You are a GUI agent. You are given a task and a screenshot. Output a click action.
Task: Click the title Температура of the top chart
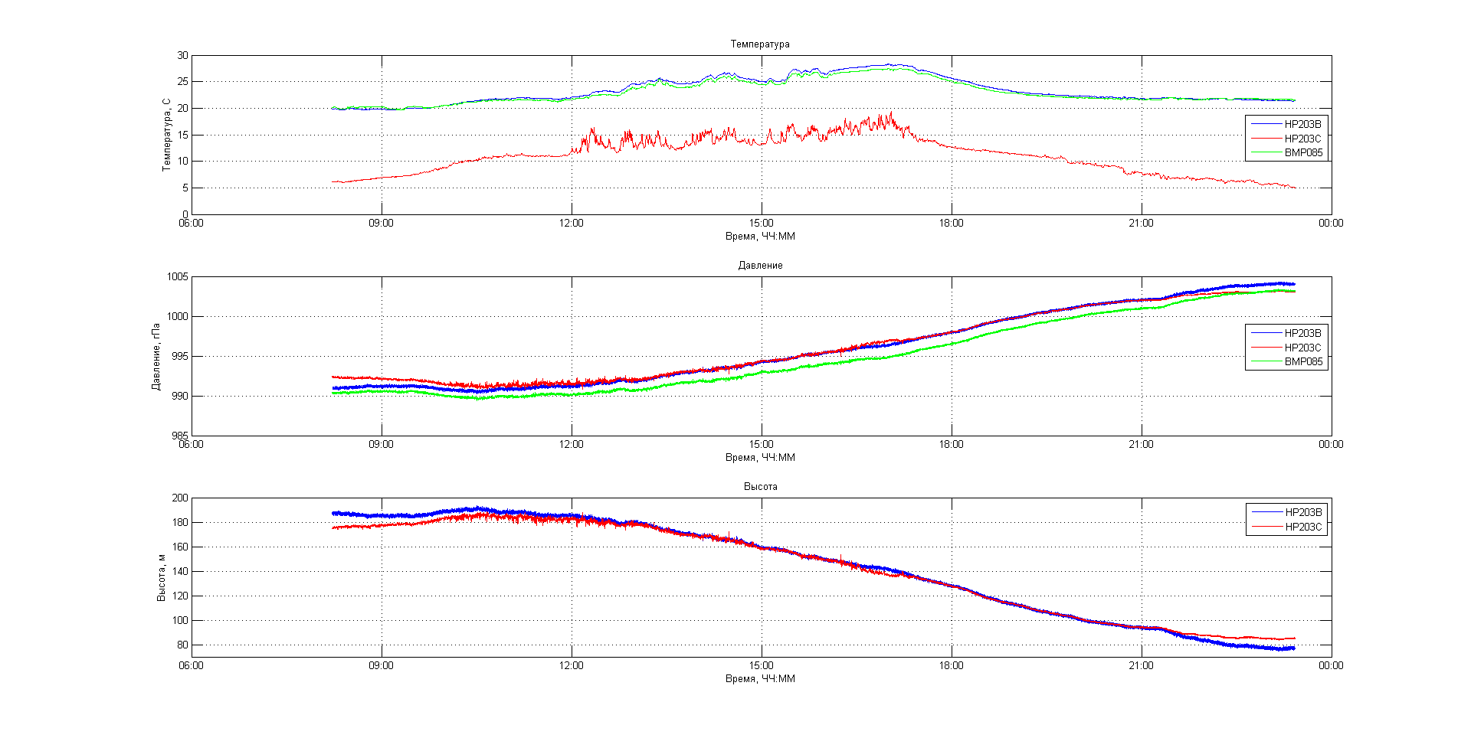[x=759, y=44]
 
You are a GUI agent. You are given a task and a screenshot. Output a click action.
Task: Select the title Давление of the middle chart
[x=760, y=266]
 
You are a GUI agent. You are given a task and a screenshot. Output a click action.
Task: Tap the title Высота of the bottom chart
[x=760, y=487]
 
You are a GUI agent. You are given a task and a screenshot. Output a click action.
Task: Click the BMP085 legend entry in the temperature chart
[x=1302, y=153]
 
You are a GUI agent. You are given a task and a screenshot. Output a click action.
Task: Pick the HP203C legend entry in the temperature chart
[x=1302, y=139]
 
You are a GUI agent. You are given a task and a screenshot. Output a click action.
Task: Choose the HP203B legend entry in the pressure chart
[x=1302, y=334]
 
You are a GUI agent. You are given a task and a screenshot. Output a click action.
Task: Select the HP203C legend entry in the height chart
[x=1302, y=527]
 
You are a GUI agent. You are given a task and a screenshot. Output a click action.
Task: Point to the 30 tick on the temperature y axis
[x=182, y=56]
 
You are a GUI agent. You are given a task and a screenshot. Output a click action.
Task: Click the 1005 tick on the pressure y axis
[x=177, y=277]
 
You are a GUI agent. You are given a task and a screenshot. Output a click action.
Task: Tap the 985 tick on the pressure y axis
[x=179, y=436]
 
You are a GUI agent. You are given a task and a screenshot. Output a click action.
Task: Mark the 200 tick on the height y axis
[x=179, y=498]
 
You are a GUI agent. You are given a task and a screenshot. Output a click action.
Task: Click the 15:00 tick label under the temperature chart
[x=761, y=224]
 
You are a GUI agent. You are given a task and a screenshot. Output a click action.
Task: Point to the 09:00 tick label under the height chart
[x=381, y=666]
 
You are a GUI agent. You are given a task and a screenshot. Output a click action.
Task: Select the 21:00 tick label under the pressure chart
[x=1141, y=445]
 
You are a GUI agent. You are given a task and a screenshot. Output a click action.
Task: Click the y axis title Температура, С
[x=166, y=135]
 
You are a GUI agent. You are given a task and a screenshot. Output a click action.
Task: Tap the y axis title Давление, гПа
[x=156, y=356]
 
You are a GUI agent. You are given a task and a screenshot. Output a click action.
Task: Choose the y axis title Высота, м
[x=161, y=577]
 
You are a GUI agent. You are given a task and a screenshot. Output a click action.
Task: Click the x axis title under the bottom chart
[x=760, y=679]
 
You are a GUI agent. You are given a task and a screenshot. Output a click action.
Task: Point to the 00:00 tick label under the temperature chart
[x=1331, y=224]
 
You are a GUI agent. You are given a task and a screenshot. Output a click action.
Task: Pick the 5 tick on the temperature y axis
[x=185, y=188]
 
